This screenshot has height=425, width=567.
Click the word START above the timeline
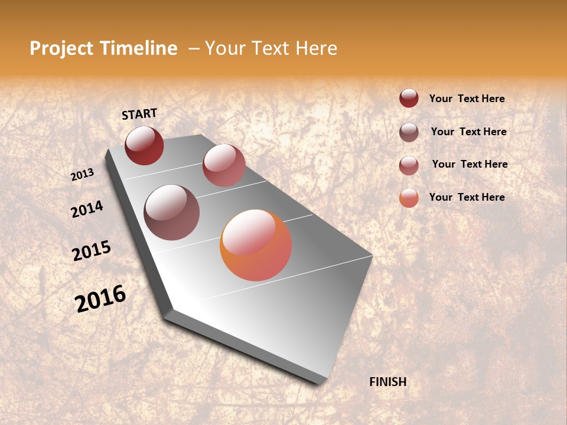(139, 114)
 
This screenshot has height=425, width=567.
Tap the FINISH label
(388, 382)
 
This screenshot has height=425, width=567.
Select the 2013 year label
(83, 175)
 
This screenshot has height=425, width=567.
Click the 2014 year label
(87, 210)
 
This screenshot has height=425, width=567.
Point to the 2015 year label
(92, 251)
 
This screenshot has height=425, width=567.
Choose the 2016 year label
(100, 299)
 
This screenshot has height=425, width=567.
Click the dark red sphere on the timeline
(144, 145)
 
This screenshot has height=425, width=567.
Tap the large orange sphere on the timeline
(256, 245)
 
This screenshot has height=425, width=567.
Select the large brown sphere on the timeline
(172, 212)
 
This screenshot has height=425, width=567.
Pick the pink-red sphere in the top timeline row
(224, 165)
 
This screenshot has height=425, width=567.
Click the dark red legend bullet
(409, 98)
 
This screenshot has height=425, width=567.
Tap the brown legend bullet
(409, 132)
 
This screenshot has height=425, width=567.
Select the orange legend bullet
(409, 198)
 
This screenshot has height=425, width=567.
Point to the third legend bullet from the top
(409, 165)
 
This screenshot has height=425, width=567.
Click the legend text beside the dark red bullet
(467, 99)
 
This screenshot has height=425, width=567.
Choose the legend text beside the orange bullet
(467, 197)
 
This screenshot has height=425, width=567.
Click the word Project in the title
(61, 48)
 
